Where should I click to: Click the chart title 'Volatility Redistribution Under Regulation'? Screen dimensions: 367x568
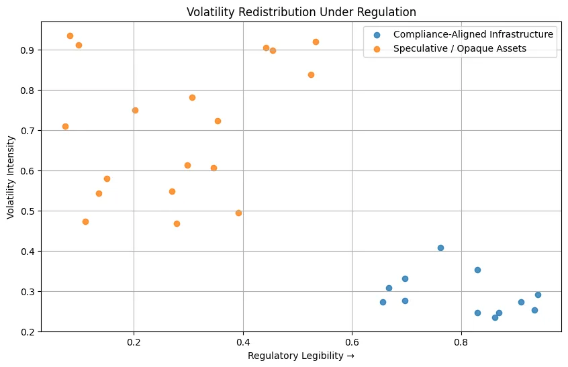(301, 11)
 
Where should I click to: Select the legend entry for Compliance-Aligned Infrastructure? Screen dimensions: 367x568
(473, 34)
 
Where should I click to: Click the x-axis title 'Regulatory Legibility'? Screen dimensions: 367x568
(301, 355)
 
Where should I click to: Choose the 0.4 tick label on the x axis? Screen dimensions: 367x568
(243, 343)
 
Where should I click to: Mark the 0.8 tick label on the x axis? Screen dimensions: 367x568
(461, 343)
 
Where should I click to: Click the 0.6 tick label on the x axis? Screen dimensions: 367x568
(352, 343)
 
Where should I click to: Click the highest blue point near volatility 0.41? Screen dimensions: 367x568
(440, 248)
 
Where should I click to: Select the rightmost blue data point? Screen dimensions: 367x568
(538, 295)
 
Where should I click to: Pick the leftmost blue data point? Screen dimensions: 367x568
(383, 302)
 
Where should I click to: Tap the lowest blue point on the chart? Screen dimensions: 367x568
(495, 317)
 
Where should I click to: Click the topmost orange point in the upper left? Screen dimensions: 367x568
(70, 36)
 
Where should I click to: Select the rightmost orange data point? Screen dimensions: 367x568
(316, 42)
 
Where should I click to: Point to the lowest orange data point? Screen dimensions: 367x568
(177, 223)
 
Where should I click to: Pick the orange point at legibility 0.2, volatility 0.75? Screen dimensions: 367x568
(135, 110)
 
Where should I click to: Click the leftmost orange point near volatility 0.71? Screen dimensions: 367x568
(65, 126)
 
